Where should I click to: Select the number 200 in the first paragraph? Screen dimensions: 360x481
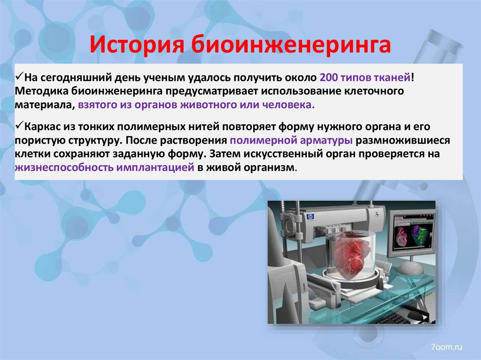click(x=327, y=77)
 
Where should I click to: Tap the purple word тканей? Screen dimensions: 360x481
click(x=395, y=77)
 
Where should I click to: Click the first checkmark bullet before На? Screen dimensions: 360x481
click(x=19, y=76)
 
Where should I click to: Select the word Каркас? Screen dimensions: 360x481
click(x=43, y=127)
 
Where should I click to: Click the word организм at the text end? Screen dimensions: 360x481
click(x=272, y=168)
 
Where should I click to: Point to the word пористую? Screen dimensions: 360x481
click(x=40, y=140)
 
